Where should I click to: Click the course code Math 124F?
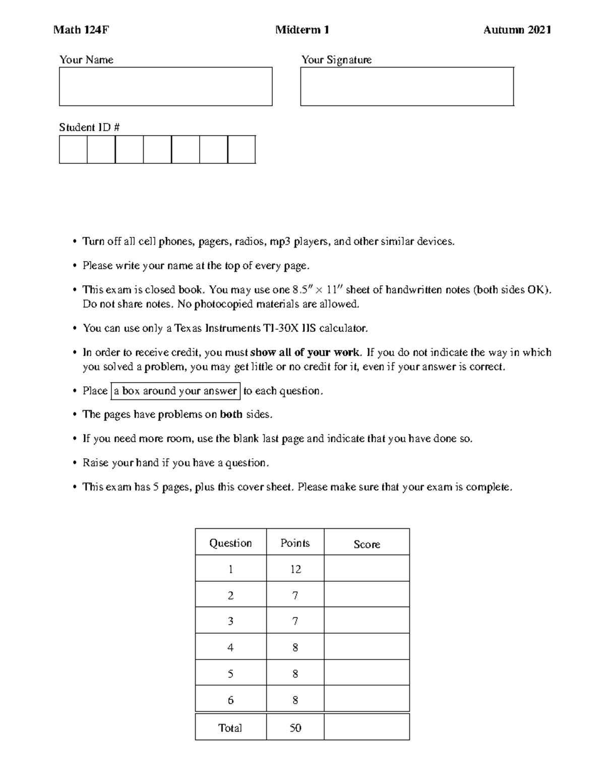click(81, 30)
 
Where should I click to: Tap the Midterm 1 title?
click(302, 30)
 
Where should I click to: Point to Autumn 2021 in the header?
click(517, 30)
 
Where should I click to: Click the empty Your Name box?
click(165, 86)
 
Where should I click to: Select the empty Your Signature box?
click(407, 86)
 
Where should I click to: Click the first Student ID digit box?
click(73, 149)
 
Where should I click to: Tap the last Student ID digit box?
click(241, 149)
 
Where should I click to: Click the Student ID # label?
click(89, 127)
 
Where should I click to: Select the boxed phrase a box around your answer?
click(175, 391)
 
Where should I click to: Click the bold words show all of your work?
click(305, 352)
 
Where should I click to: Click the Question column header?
click(230, 543)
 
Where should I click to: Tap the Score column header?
click(367, 544)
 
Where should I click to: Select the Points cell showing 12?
click(295, 569)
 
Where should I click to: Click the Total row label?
click(230, 728)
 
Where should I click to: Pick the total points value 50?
click(295, 728)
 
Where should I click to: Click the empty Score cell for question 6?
click(367, 699)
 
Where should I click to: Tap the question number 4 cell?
click(230, 647)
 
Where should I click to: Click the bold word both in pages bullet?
click(231, 414)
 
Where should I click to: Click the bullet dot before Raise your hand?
click(75, 462)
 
